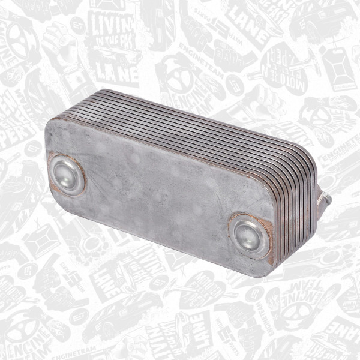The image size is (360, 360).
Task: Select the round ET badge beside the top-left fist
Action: pos(76,25)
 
